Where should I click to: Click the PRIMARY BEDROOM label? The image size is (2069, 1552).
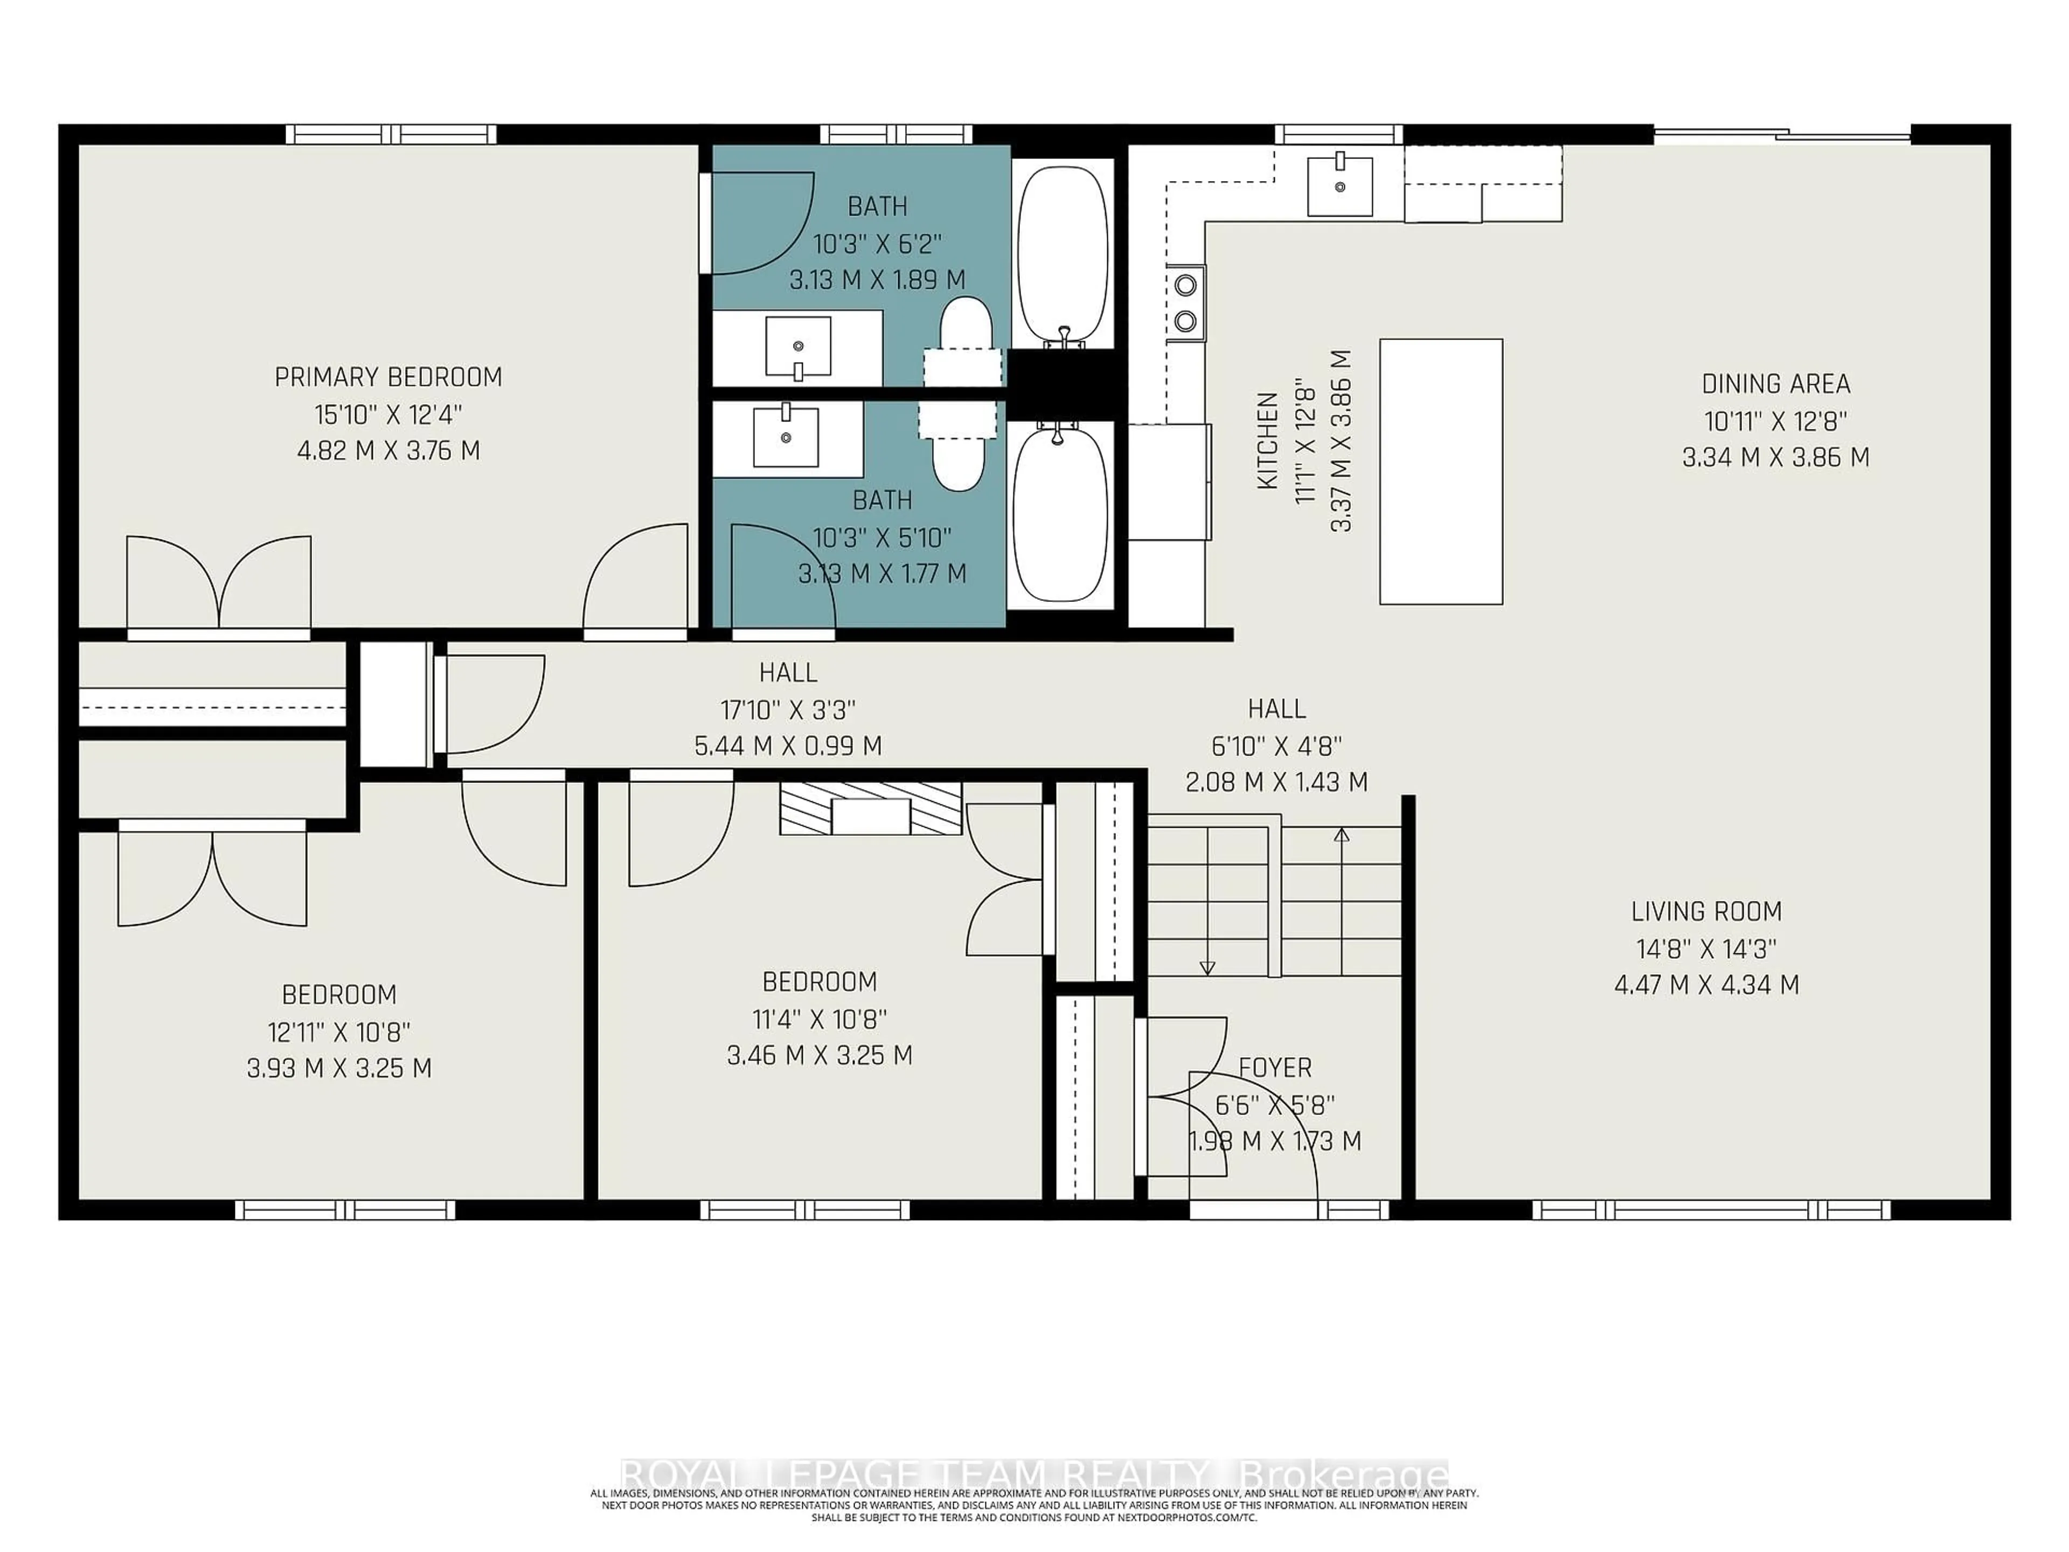388,377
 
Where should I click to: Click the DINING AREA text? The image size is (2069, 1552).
1775,384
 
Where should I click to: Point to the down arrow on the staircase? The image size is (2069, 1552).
1206,968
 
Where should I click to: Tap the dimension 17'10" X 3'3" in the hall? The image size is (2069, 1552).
788,710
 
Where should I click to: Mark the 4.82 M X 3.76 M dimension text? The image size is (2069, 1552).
388,451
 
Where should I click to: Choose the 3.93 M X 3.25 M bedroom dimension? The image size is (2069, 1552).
338,1068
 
